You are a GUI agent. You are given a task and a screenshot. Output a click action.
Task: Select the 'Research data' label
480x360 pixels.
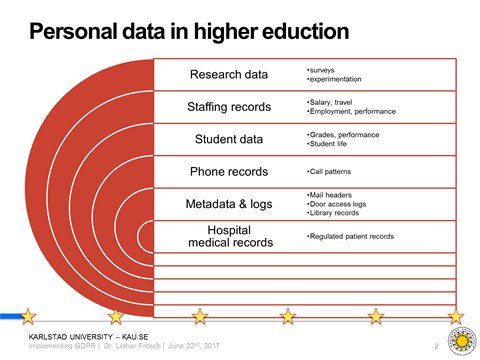[x=229, y=74]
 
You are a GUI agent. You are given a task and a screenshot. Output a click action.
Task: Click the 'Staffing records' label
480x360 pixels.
[x=229, y=106]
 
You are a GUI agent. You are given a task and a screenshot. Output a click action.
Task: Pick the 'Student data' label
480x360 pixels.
[x=229, y=139]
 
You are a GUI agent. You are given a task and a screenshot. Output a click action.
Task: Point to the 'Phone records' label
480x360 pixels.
[x=229, y=172]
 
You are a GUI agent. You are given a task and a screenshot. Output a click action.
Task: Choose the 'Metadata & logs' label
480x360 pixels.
[x=229, y=204]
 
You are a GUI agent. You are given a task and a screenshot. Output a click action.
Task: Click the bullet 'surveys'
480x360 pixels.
[x=323, y=70]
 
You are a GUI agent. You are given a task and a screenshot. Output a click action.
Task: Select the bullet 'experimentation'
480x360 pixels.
[x=335, y=79]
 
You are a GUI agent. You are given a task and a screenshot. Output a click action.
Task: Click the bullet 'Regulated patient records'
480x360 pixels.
[x=351, y=236]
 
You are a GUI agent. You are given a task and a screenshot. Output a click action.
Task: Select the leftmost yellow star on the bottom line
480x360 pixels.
[x=28, y=316]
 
